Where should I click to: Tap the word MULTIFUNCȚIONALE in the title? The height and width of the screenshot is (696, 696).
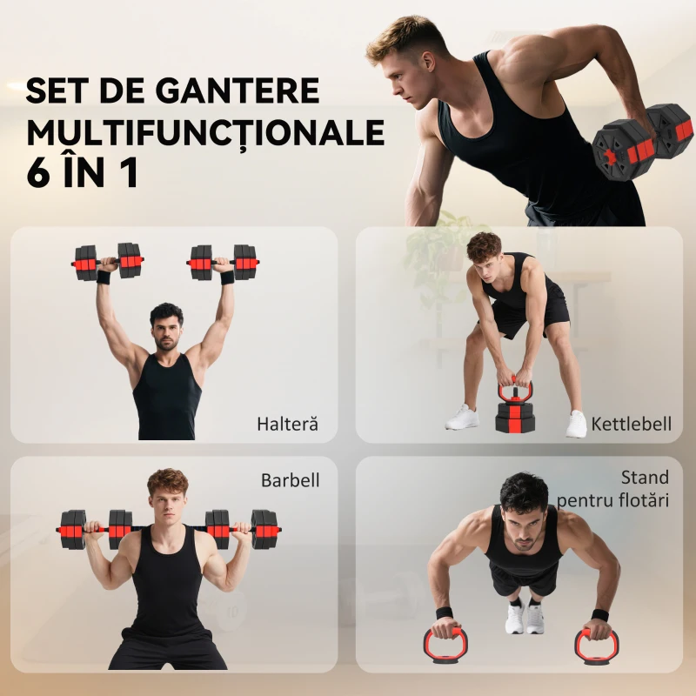[205, 132]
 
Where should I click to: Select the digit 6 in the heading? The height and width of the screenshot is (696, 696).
[40, 172]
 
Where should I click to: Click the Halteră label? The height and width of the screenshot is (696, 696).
[287, 425]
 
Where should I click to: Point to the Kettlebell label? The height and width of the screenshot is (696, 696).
[632, 425]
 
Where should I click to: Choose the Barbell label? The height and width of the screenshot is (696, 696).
[291, 480]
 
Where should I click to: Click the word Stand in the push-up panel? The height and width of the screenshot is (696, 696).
[645, 478]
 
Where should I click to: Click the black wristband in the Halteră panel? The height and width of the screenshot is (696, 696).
[104, 278]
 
